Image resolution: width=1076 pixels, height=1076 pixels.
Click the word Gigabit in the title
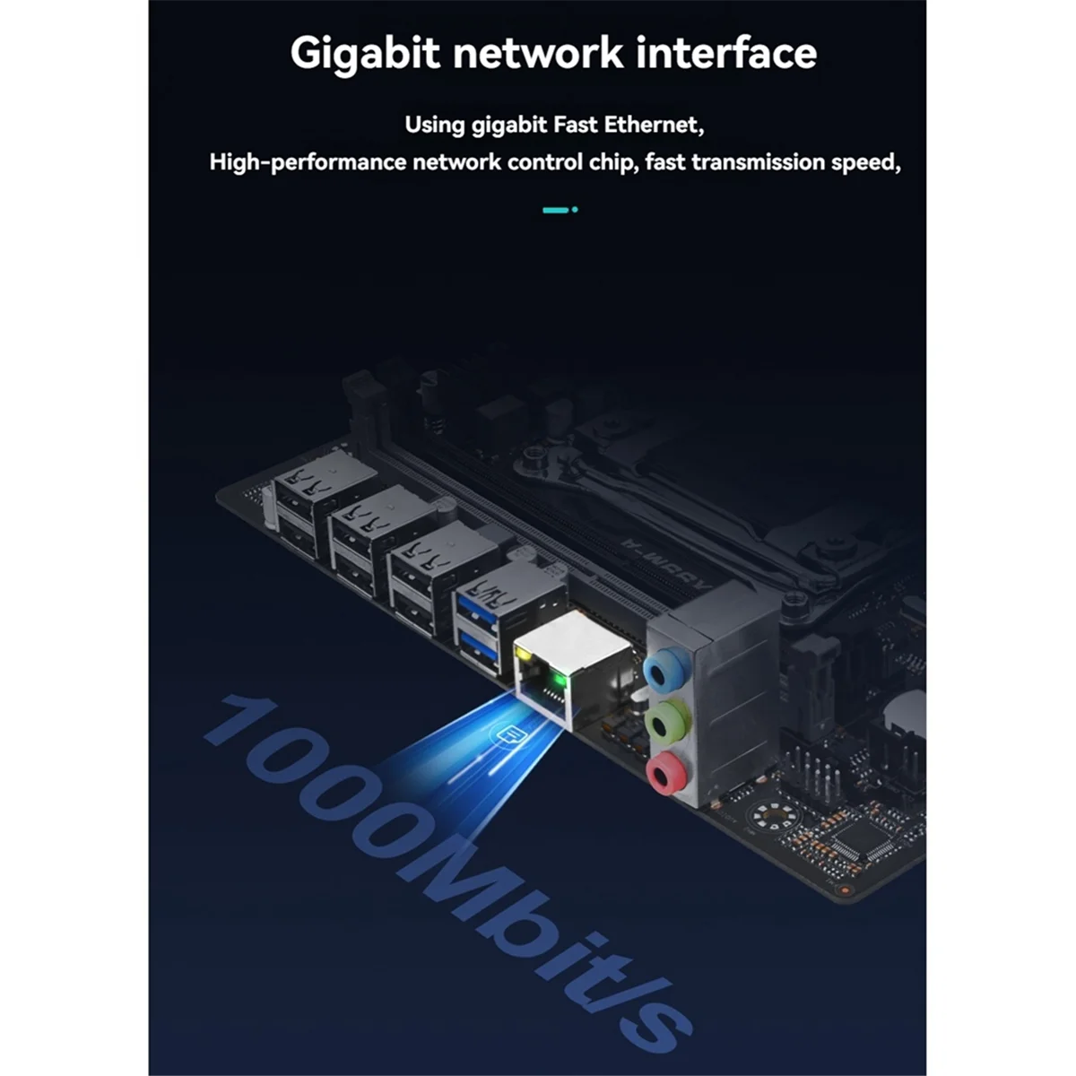pyautogui.click(x=365, y=54)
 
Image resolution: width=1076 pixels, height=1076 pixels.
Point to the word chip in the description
pyautogui.click(x=612, y=162)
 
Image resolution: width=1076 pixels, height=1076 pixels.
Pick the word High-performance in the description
pyautogui.click(x=308, y=162)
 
